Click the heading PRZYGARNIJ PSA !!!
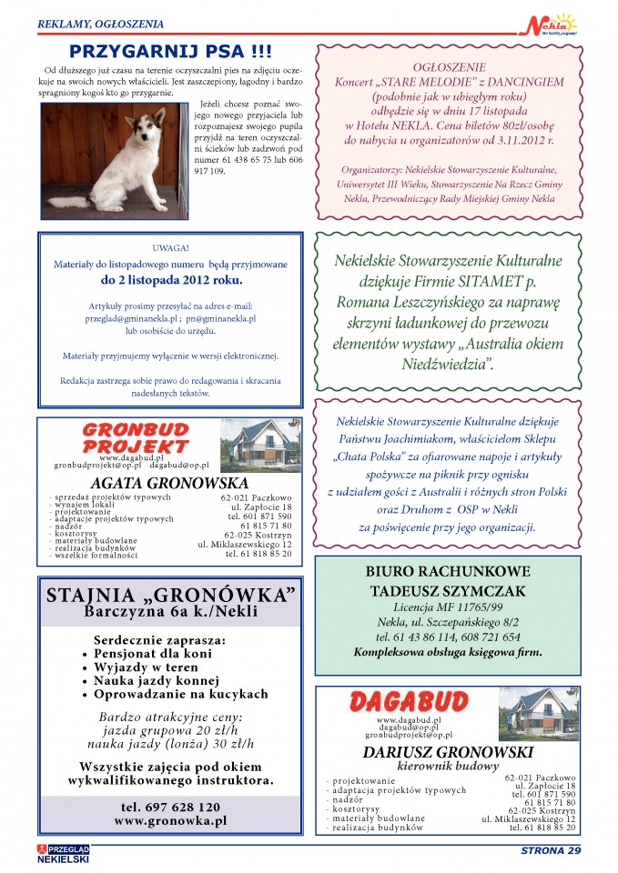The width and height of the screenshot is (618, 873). [171, 52]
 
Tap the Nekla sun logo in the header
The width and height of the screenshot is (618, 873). [552, 22]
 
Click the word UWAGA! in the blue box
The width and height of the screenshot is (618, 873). [171, 246]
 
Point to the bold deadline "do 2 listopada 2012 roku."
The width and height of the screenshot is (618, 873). [171, 278]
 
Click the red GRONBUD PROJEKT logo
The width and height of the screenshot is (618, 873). [135, 437]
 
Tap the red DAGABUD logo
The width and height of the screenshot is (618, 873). [408, 702]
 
